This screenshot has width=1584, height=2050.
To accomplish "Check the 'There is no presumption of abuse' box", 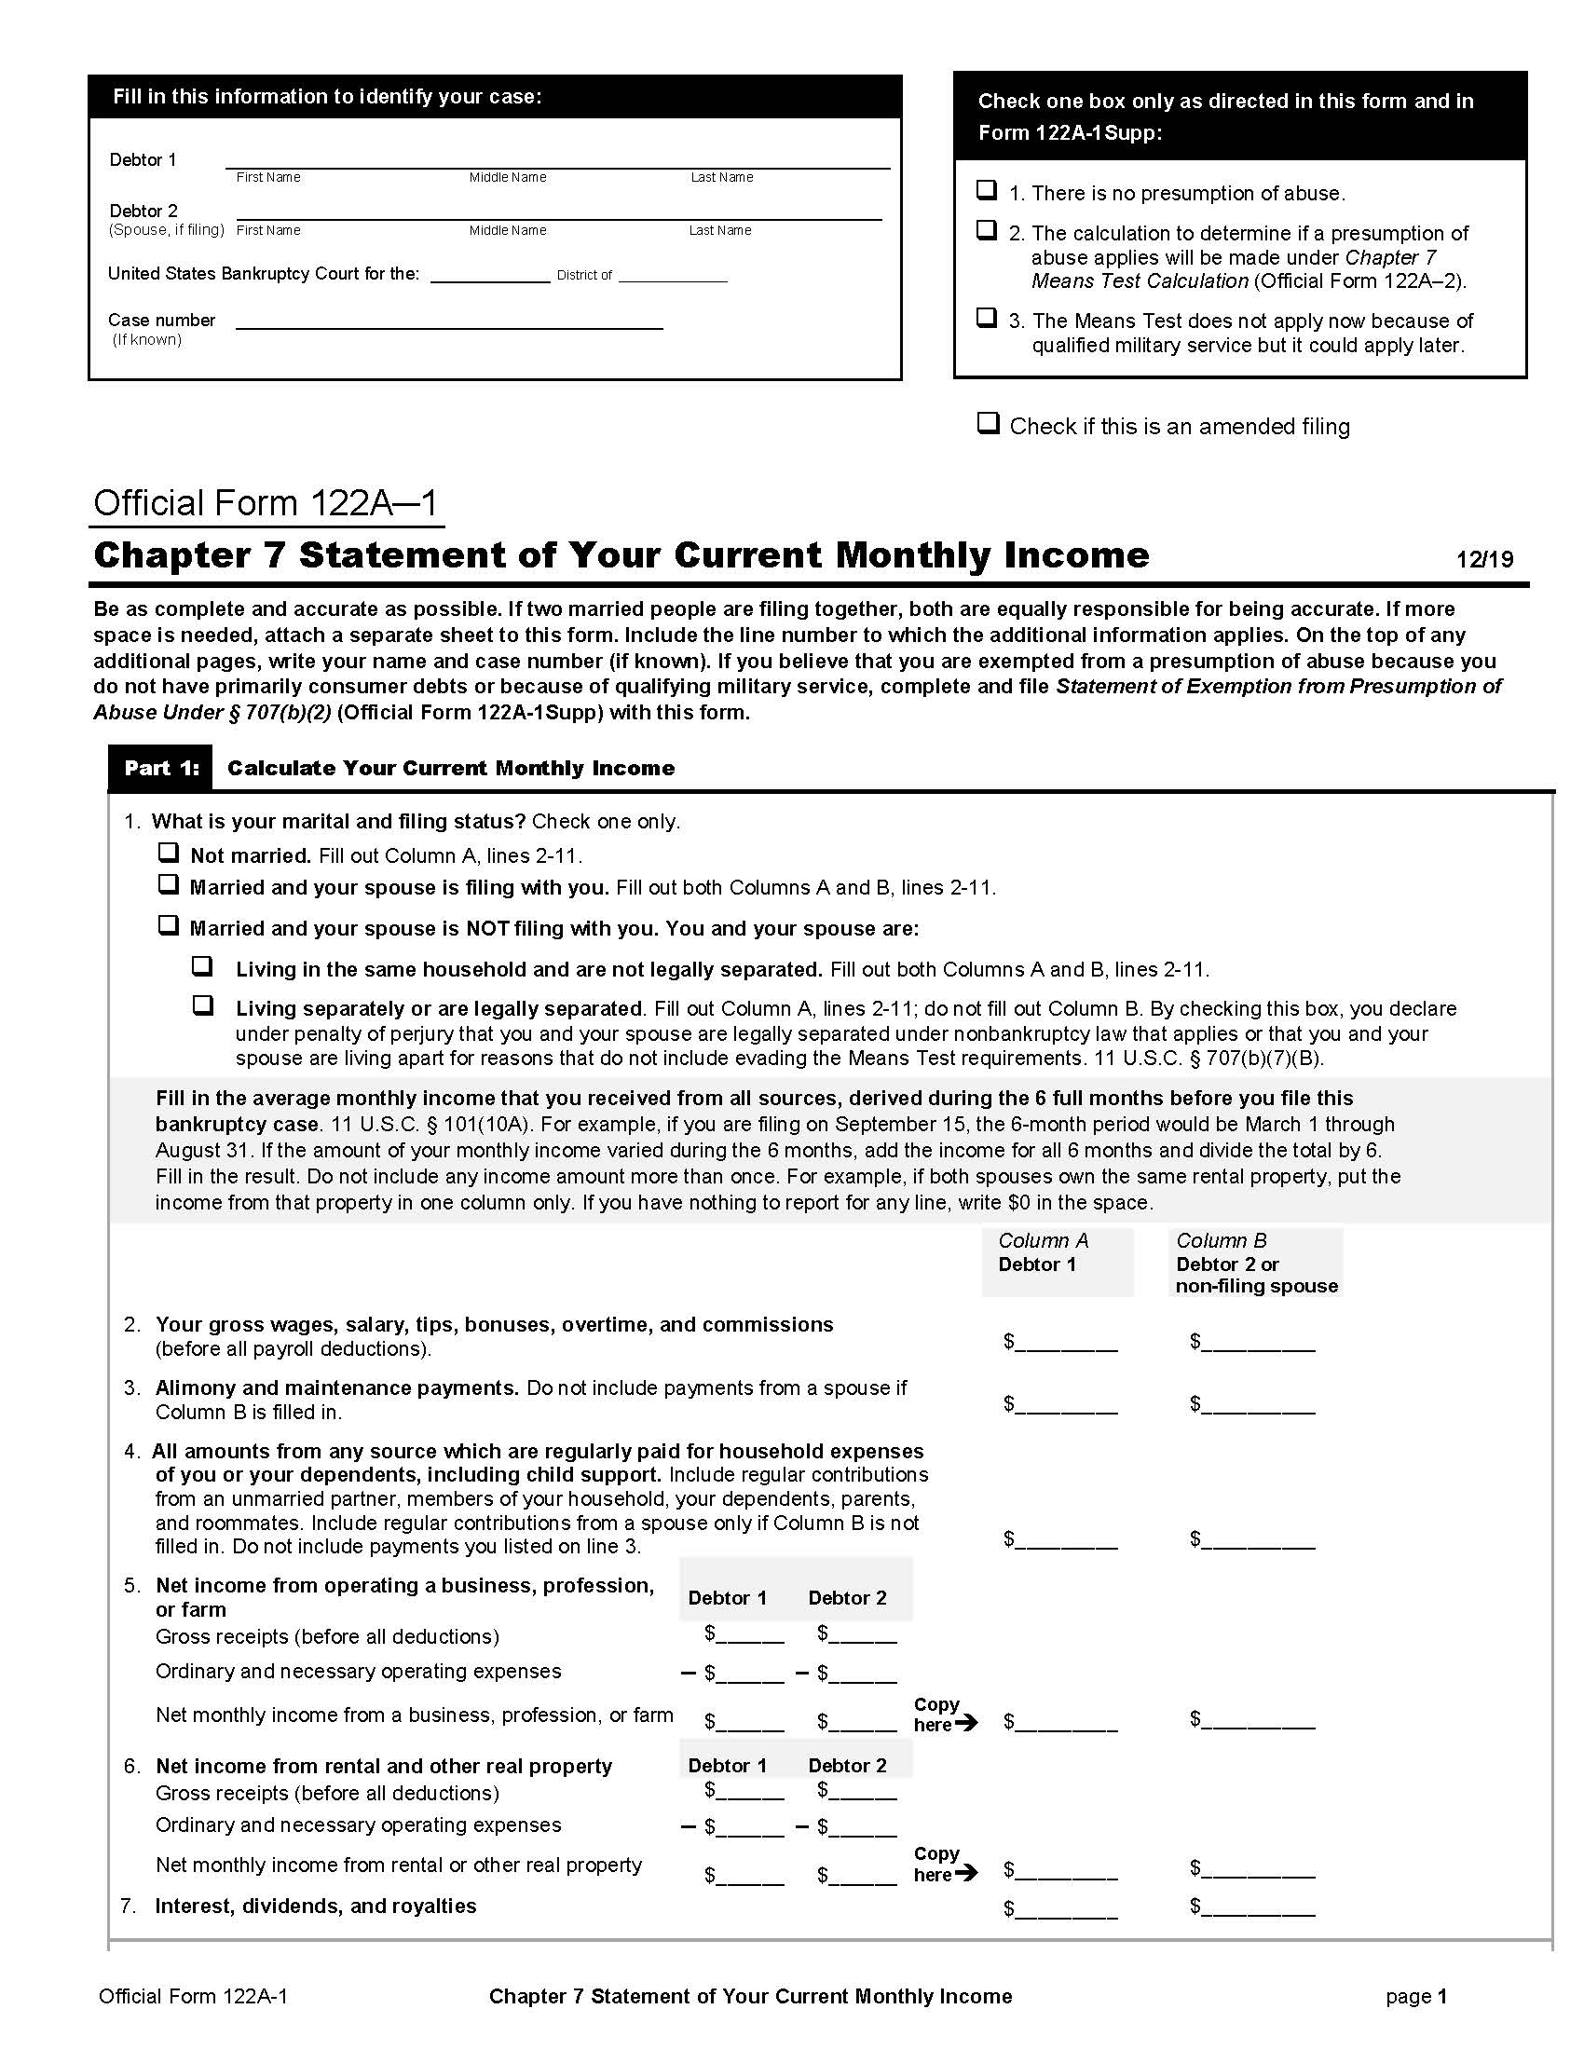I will pyautogui.click(x=986, y=189).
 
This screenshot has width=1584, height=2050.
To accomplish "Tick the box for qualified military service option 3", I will pyautogui.click(x=986, y=317).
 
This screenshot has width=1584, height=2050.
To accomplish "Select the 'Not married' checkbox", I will pyautogui.click(x=168, y=853).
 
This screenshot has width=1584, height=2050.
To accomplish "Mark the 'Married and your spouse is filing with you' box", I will pyautogui.click(x=168, y=884).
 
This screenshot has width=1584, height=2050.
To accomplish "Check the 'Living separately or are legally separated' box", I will pyautogui.click(x=203, y=1005).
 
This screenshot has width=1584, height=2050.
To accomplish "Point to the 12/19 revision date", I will pyautogui.click(x=1484, y=559).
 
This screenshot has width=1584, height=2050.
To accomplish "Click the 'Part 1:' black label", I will pyautogui.click(x=160, y=768).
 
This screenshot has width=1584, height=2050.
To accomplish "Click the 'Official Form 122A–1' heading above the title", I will pyautogui.click(x=266, y=504).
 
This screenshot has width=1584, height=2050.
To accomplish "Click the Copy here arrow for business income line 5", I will pyautogui.click(x=966, y=1723).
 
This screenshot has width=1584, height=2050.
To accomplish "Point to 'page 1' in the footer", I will pyautogui.click(x=1416, y=1997).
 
